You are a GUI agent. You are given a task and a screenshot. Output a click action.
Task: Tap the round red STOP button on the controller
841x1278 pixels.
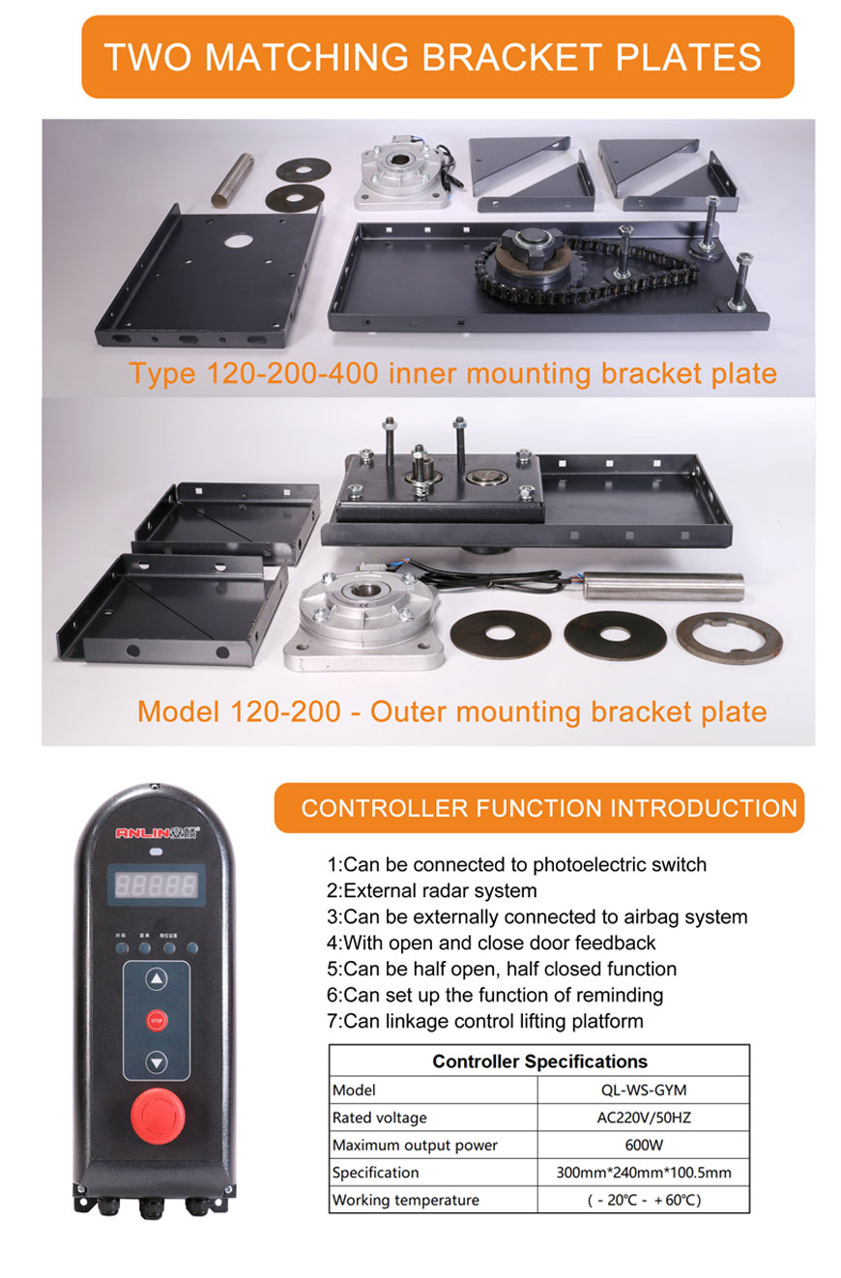pos(157,1020)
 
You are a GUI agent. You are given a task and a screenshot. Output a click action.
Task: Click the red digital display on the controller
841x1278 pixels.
pos(157,884)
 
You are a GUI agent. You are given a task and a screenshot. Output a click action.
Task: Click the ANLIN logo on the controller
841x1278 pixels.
pos(157,832)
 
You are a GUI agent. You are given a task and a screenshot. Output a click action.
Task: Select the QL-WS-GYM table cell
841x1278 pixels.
pos(643,1090)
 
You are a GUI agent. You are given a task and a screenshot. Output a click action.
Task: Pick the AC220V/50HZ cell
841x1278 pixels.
pos(643,1118)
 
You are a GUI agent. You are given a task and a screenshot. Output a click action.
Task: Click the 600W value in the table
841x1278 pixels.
pos(643,1145)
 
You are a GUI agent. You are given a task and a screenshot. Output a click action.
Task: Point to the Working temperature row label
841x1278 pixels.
pos(406,1200)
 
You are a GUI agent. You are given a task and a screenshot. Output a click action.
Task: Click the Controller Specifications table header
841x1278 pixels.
pos(539,1060)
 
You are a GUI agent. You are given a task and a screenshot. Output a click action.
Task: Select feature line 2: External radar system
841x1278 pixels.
pos(431,890)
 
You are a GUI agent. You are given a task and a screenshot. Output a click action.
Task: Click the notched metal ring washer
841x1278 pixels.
pos(729,638)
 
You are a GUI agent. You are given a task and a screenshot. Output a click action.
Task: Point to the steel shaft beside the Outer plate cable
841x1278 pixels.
pos(664,586)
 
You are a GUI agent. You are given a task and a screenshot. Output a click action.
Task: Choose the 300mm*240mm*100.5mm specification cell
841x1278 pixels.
pos(643,1173)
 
